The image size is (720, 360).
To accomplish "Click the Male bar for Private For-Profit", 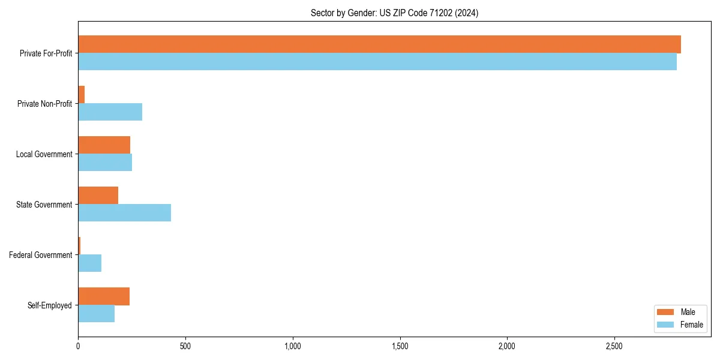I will click(x=379, y=44).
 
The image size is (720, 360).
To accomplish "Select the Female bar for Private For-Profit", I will click(x=377, y=62).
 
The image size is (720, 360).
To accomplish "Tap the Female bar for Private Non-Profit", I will click(x=110, y=112).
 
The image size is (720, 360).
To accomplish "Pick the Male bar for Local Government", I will click(x=104, y=145).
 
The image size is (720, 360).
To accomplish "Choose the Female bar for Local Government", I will click(x=105, y=163).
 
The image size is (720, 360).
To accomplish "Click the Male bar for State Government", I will click(x=98, y=196).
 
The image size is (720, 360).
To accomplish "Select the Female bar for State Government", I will click(x=124, y=213).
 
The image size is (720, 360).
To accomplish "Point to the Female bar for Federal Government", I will click(x=89, y=263).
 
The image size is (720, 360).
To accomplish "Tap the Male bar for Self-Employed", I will click(x=104, y=296).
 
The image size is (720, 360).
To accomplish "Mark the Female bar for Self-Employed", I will click(x=96, y=314).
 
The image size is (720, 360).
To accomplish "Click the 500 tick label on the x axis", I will click(x=185, y=346).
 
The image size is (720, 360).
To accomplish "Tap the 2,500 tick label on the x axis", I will click(x=614, y=346).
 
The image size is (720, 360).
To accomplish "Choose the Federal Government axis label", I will click(x=41, y=255).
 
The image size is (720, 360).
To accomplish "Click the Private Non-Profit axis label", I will click(x=45, y=104).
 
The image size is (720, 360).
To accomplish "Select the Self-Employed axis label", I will click(x=50, y=305).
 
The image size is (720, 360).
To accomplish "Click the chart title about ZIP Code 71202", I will click(x=394, y=13).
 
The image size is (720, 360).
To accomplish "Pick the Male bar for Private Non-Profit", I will click(x=82, y=95).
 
